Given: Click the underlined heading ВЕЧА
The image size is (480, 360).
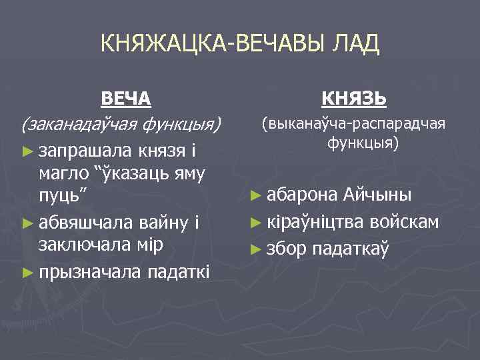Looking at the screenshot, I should tap(125, 98).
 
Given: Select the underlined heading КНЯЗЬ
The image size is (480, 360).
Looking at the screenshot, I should tap(353, 98).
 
